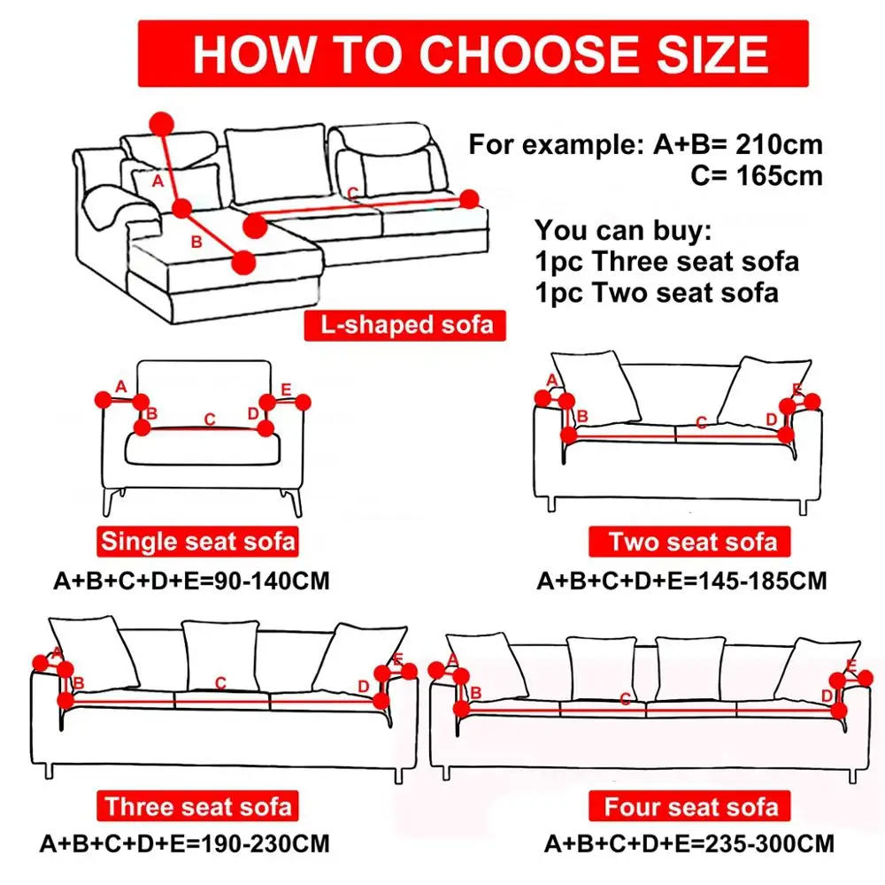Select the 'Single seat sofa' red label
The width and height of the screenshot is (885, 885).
click(197, 541)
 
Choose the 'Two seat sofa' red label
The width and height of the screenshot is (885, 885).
click(692, 542)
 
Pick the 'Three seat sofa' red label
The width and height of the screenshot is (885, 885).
click(197, 806)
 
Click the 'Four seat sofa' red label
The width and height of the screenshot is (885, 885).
click(692, 806)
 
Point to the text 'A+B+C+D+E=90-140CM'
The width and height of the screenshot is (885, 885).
click(191, 581)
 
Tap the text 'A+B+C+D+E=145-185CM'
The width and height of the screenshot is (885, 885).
click(681, 581)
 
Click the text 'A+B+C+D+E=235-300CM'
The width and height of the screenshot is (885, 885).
click(689, 843)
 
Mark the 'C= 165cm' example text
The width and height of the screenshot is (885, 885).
click(757, 175)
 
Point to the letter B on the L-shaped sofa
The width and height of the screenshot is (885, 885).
click(196, 240)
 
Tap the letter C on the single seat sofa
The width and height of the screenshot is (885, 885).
click(210, 419)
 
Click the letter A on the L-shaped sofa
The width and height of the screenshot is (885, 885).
click(158, 181)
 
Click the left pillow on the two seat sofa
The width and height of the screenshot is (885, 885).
click(597, 385)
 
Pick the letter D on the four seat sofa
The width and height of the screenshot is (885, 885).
click(827, 696)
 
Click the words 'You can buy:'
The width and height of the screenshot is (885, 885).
click(620, 232)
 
